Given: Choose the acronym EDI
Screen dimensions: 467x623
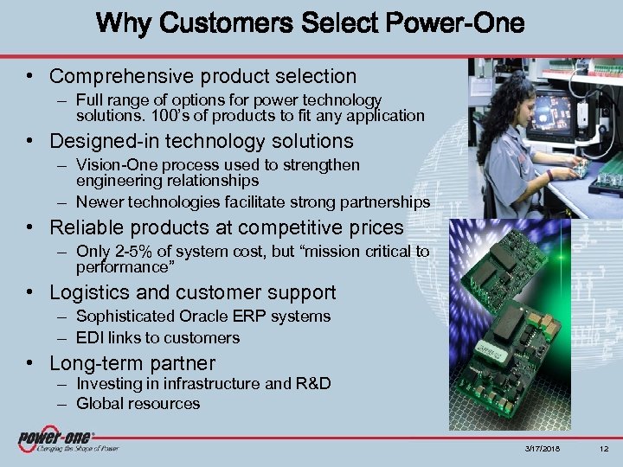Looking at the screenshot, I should (90, 337).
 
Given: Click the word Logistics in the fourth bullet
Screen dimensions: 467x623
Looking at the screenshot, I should (89, 293).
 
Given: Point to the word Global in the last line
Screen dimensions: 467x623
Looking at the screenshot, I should (99, 404).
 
